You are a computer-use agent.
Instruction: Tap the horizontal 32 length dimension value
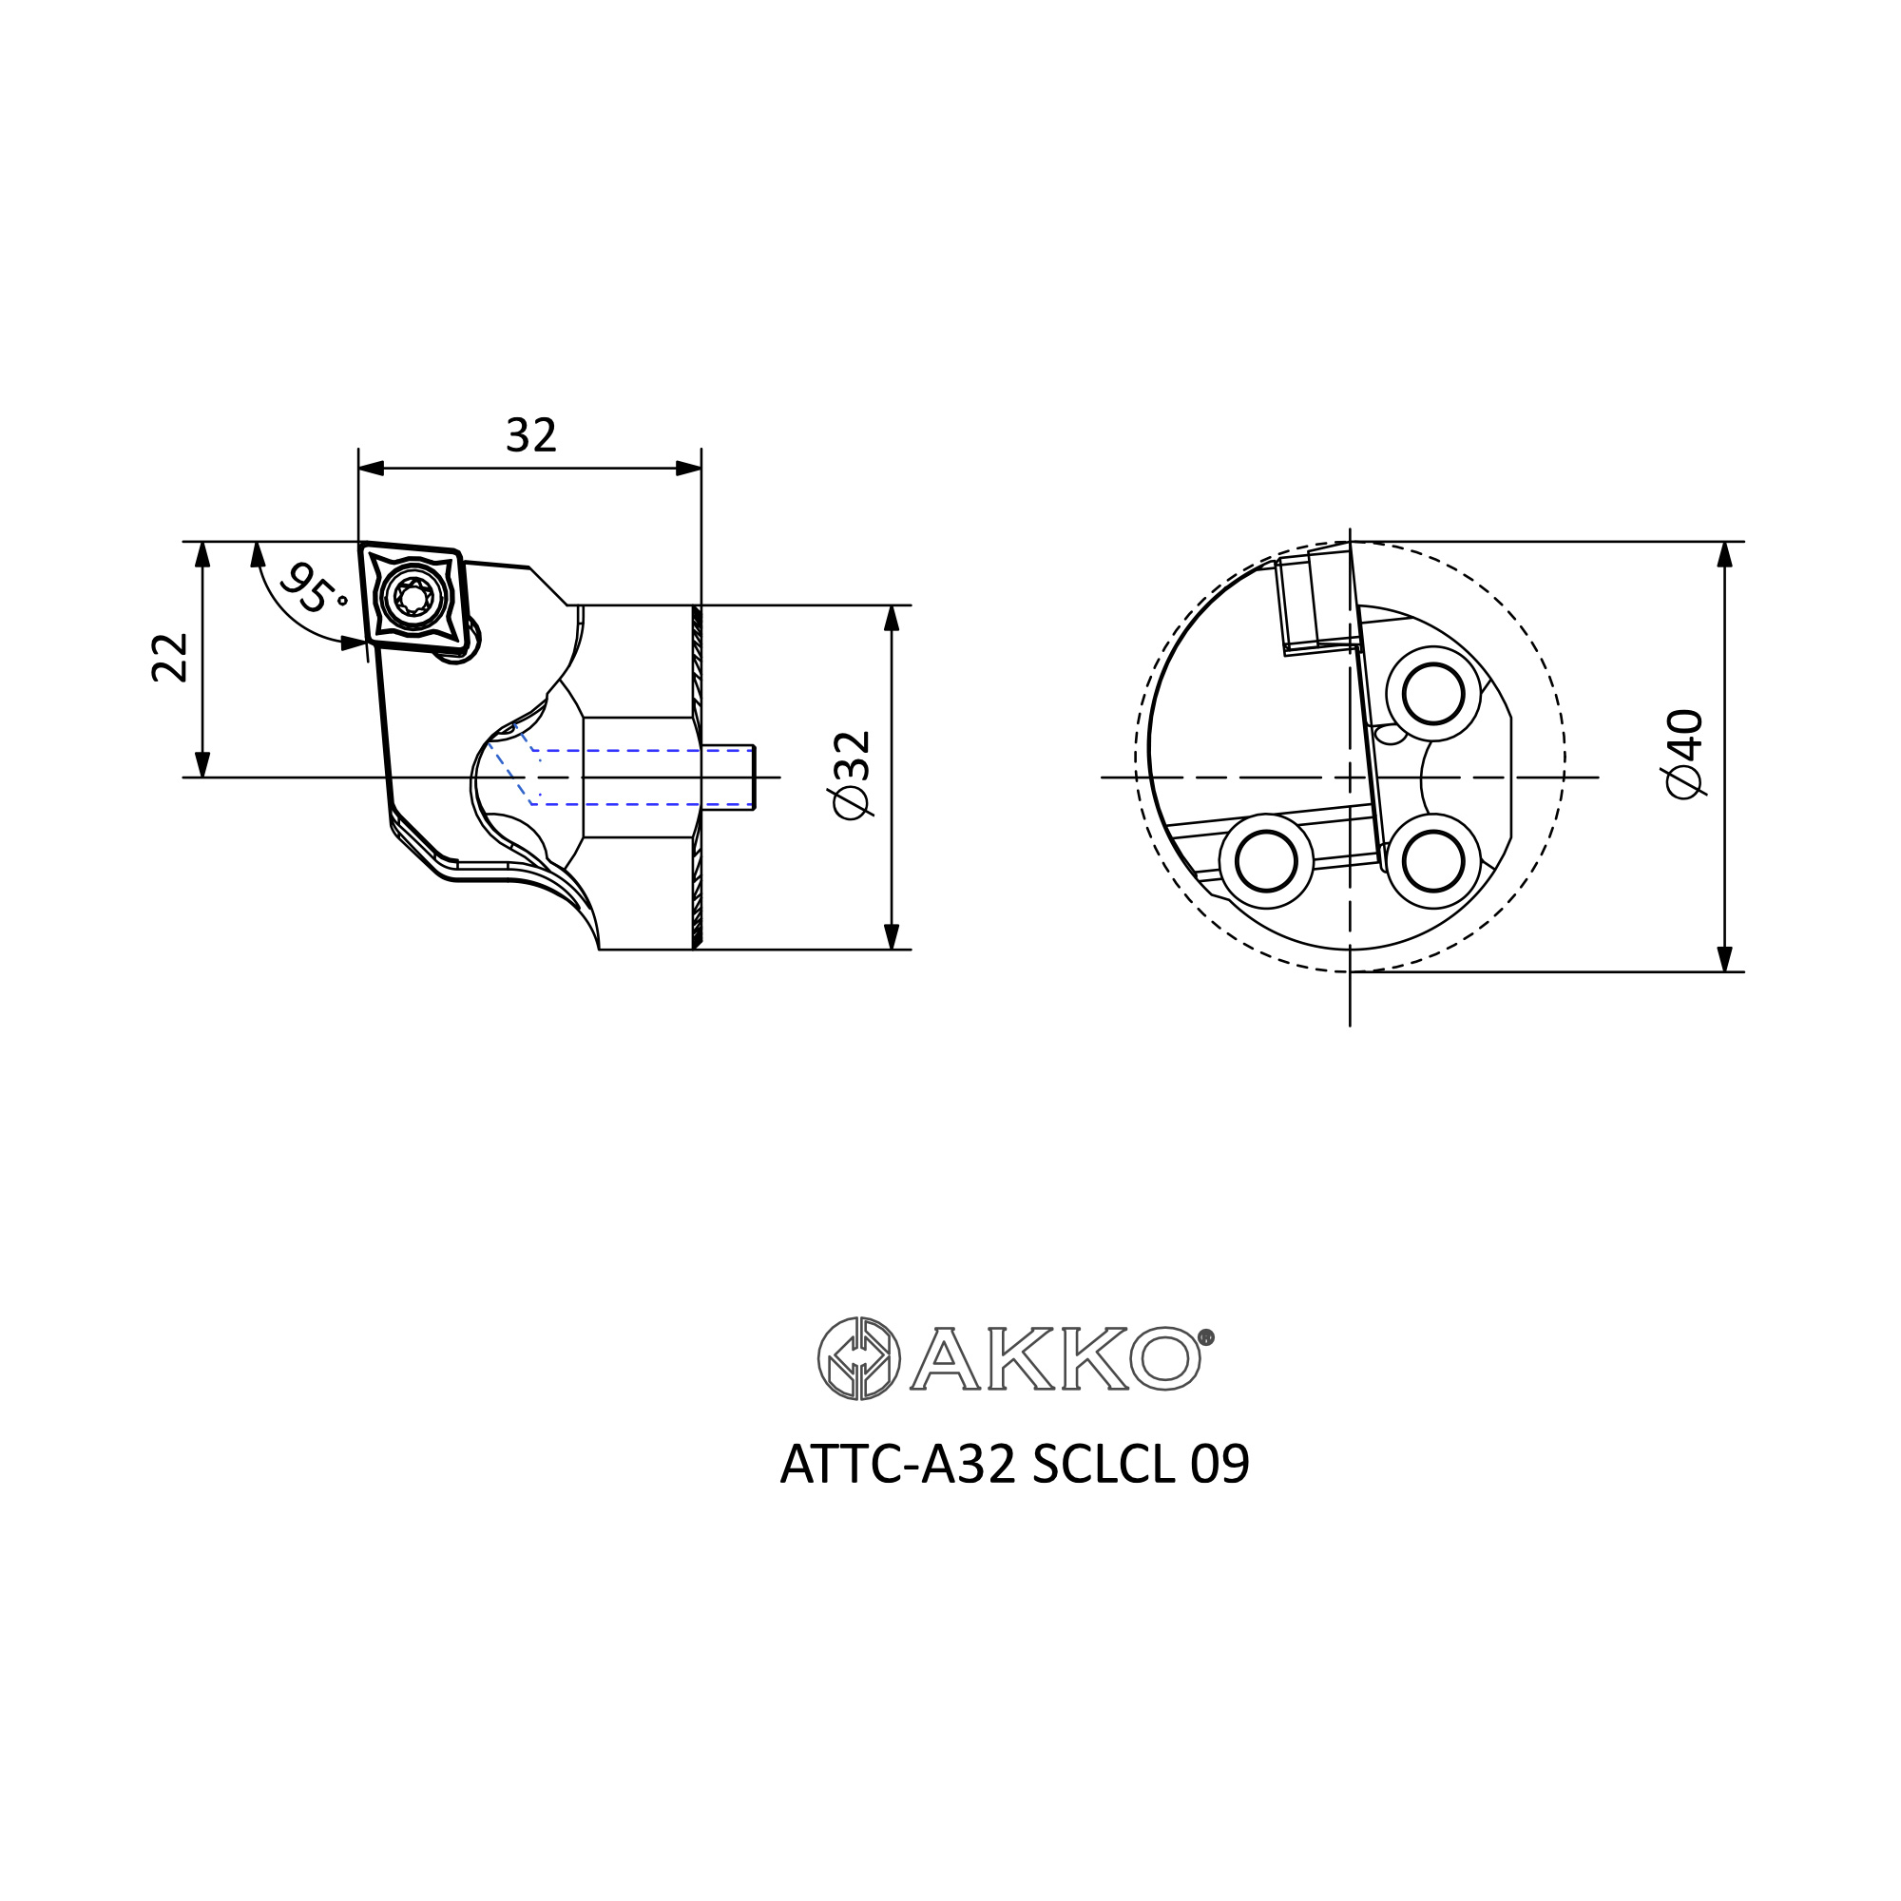coord(531,435)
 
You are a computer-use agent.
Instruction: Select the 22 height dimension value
coord(170,658)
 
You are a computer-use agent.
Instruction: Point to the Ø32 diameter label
coord(852,774)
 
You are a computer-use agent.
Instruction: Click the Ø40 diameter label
coord(1685,754)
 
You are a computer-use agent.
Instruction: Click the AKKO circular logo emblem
coord(859,1358)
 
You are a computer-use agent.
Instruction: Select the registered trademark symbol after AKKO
coord(1207,1337)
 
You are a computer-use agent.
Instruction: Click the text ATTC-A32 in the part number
coord(897,1465)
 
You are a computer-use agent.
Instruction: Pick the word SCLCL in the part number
coord(1104,1465)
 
